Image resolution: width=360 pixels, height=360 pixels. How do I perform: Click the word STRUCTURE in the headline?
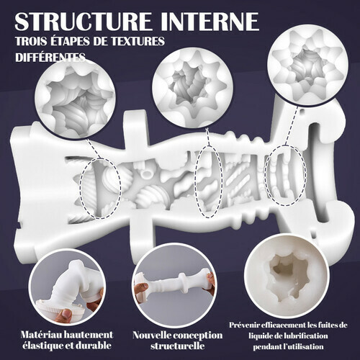[x=84, y=21]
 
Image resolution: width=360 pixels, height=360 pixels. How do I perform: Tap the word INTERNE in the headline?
[x=210, y=21]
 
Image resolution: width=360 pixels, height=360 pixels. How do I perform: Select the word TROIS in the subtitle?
[x=31, y=41]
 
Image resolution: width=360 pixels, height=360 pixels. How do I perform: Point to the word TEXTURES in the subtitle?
[x=138, y=41]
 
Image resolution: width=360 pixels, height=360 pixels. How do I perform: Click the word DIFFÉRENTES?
[x=50, y=58]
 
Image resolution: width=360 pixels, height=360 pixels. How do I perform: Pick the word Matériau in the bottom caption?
[x=39, y=335]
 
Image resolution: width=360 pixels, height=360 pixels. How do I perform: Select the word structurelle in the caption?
[x=178, y=346]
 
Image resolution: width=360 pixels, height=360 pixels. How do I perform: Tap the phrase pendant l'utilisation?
[x=288, y=346]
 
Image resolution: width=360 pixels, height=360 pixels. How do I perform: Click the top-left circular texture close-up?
[x=75, y=99]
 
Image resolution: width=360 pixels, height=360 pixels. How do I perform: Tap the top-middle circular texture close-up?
[x=193, y=88]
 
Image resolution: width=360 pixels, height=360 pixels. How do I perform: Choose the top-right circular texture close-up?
[x=308, y=65]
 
